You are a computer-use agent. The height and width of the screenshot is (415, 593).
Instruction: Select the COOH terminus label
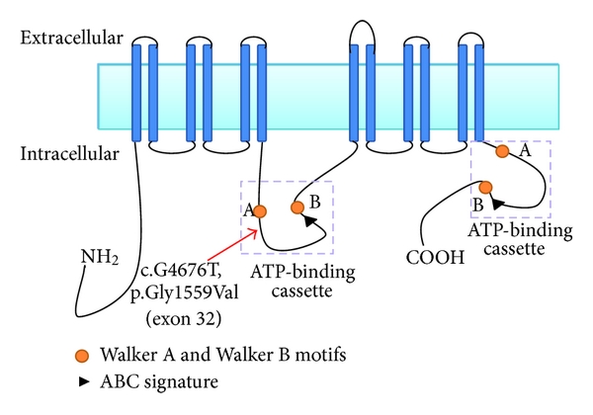click(x=429, y=259)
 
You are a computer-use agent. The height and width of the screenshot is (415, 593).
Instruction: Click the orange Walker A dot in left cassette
click(x=260, y=210)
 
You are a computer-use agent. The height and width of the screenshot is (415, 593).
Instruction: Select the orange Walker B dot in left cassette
click(x=297, y=207)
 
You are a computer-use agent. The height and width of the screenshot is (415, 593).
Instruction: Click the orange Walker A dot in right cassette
click(x=502, y=151)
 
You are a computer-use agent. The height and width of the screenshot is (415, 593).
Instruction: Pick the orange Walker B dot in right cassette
click(x=485, y=187)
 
